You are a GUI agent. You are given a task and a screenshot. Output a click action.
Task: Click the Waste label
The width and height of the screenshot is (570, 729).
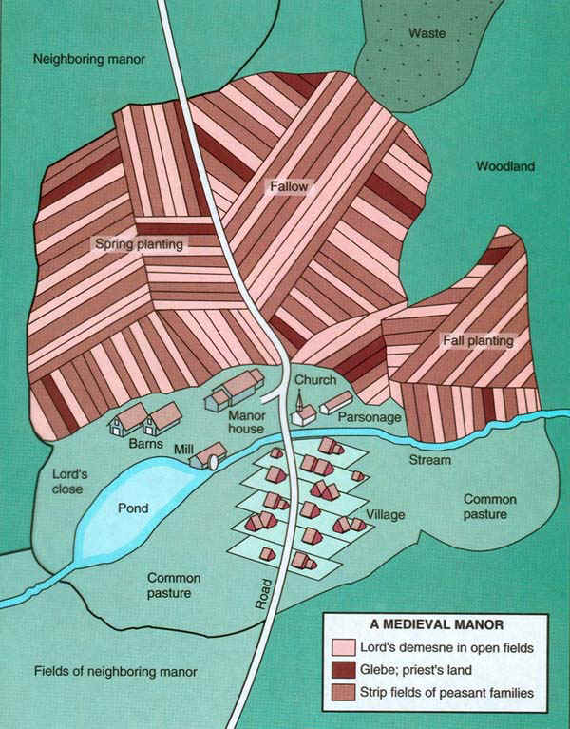(427, 33)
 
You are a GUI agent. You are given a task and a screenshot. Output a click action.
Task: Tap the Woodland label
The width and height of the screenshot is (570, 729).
(504, 166)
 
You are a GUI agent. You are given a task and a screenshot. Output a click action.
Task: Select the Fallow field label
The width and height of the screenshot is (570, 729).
(288, 187)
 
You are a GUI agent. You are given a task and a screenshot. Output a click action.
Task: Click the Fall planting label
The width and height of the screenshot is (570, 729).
(478, 340)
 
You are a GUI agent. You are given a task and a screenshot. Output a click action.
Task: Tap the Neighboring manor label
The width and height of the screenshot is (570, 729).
(88, 59)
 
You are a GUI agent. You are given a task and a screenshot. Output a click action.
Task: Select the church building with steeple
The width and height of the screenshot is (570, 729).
(302, 412)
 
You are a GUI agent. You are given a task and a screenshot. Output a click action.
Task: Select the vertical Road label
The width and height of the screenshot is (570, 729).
(265, 593)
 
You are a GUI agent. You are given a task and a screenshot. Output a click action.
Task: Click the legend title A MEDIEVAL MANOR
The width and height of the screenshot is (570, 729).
(435, 625)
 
